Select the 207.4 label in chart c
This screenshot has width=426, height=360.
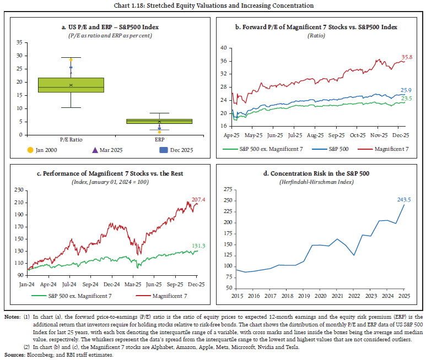coord(197,200)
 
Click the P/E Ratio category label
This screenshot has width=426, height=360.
coord(71,140)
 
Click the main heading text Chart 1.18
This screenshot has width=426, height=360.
coord(213,6)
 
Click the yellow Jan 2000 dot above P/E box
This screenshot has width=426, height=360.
coord(71,59)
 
